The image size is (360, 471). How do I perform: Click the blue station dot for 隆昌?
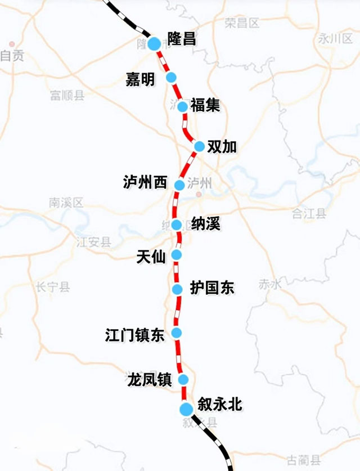click(154, 43)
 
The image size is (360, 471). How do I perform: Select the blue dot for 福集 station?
click(182, 106)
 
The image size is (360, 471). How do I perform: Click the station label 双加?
click(222, 146)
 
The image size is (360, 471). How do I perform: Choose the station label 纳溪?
click(205, 224)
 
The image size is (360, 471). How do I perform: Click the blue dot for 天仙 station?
click(177, 255)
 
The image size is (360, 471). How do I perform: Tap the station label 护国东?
click(211, 289)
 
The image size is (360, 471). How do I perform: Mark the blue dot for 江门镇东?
click(177, 333)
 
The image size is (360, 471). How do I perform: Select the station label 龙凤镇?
click(149, 379)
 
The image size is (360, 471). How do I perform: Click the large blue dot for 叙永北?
click(186, 409)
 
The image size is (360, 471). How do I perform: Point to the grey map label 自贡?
click(12, 56)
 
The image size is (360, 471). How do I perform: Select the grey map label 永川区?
click(335, 38)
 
